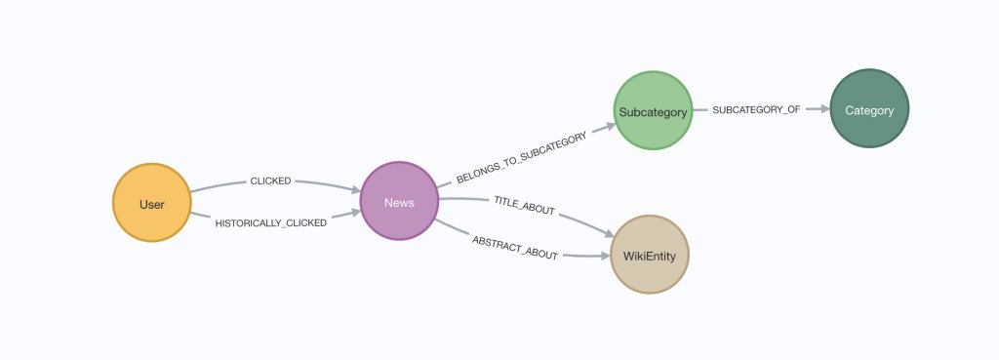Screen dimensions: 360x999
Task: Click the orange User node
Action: pos(151,204)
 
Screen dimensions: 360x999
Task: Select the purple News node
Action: pos(399,201)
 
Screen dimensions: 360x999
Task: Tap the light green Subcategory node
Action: pos(653,111)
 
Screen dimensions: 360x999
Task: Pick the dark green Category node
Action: pos(869,110)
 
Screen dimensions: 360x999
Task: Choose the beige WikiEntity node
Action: pos(650,256)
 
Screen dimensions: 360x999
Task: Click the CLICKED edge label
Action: pos(271,180)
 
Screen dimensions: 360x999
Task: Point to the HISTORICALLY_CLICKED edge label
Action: pos(270,223)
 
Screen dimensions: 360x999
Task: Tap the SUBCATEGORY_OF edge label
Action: pos(756,110)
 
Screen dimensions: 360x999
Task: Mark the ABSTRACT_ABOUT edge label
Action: pos(515,248)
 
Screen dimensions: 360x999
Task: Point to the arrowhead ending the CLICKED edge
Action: pos(352,188)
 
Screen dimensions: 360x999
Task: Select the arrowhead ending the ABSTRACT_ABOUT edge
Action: pos(601,256)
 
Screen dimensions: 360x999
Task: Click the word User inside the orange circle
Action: pos(151,204)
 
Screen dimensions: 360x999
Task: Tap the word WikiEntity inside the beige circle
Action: pos(650,256)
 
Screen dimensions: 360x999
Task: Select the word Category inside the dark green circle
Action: pos(869,110)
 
